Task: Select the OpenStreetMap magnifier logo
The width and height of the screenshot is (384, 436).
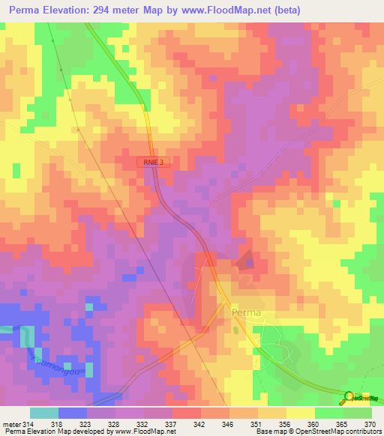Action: point(351,397)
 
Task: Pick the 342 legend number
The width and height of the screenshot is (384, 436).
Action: point(200,424)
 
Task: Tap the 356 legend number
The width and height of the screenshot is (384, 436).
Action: point(286,424)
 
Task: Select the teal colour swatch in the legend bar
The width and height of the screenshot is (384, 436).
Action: point(44,413)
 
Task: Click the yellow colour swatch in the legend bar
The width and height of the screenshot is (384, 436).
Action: point(300,413)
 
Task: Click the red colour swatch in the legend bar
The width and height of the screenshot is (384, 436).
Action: point(186,413)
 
